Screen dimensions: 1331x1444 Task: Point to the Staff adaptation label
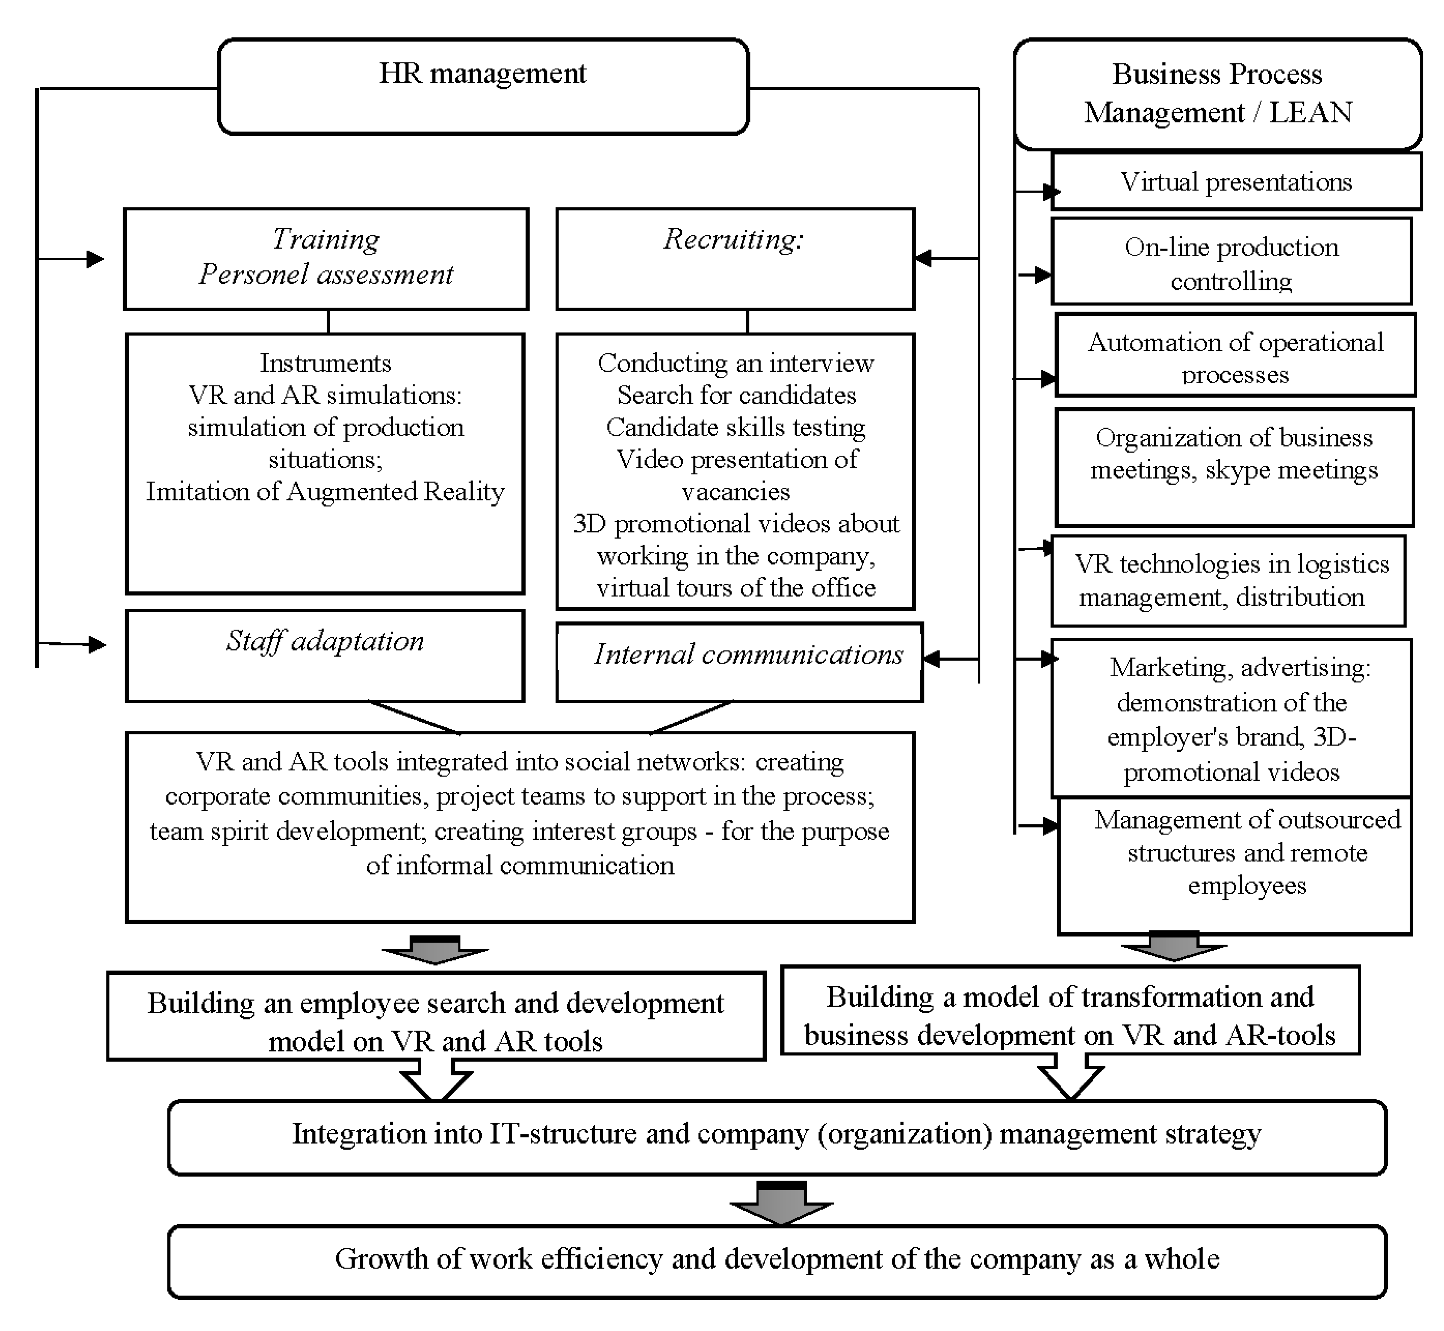point(325,641)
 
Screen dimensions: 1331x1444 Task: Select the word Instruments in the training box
point(325,363)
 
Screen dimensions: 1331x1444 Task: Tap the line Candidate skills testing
point(735,427)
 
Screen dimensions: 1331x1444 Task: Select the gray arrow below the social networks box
point(435,951)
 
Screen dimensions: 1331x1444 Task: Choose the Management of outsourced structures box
point(1233,864)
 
